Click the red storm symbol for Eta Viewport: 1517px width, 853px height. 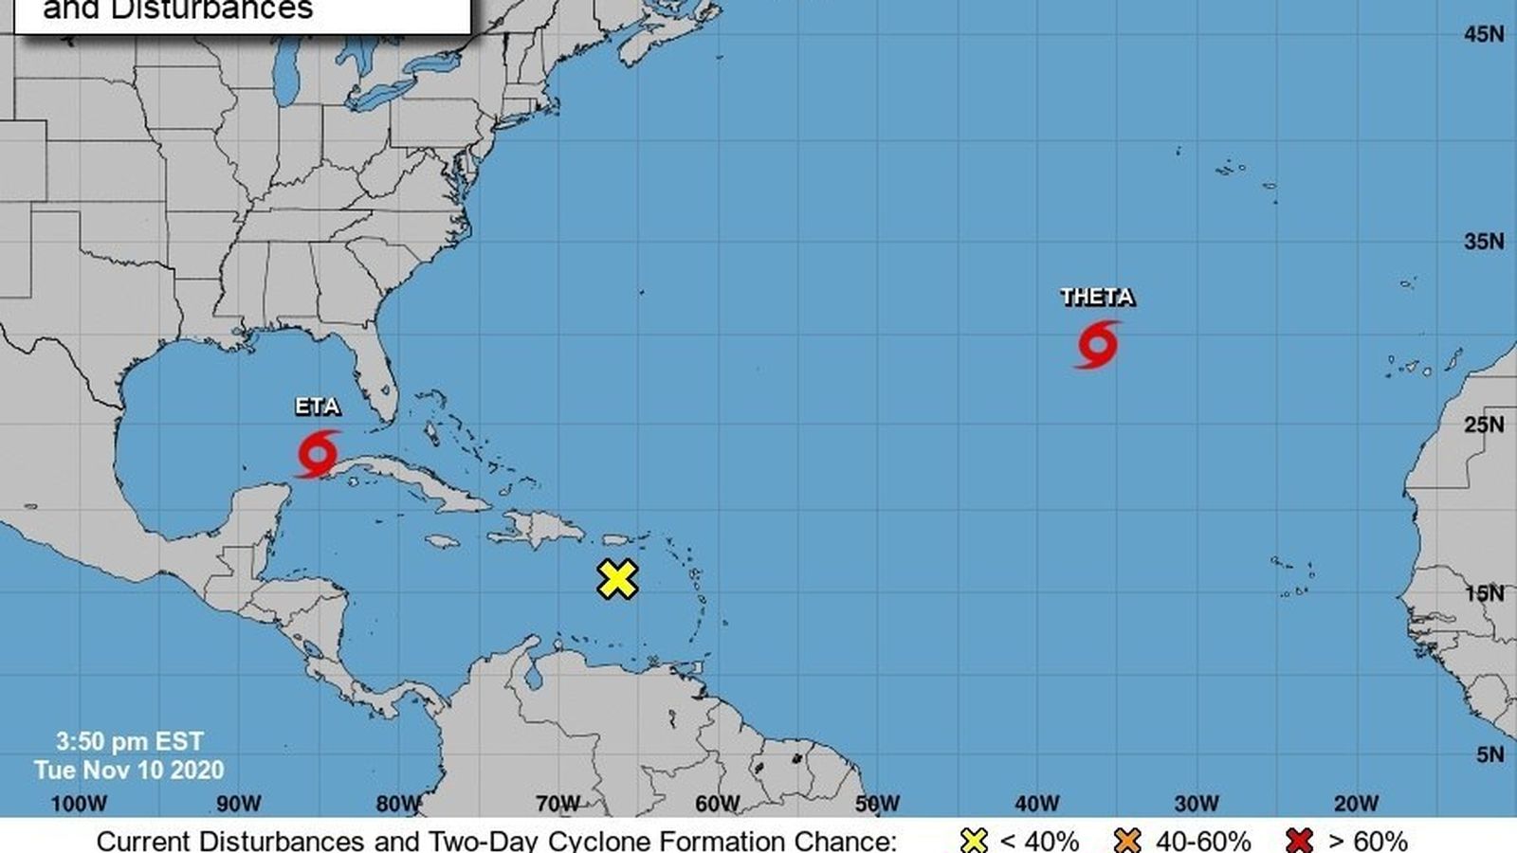click(x=318, y=454)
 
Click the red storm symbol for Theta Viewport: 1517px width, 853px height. click(x=1097, y=344)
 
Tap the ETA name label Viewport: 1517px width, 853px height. click(x=318, y=407)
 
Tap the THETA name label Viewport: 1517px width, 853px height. click(x=1097, y=297)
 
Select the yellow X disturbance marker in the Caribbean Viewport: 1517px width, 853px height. click(x=617, y=579)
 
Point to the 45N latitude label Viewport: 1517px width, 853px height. click(x=1484, y=34)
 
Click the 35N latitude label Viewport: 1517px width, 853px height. click(x=1484, y=242)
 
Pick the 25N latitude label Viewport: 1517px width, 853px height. click(x=1484, y=425)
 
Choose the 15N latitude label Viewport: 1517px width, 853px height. click(x=1484, y=593)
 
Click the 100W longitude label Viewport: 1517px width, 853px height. click(x=79, y=804)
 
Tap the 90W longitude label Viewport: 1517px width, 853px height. click(x=238, y=804)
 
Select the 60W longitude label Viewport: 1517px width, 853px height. click(x=718, y=804)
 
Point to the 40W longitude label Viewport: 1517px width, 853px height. click(x=1037, y=804)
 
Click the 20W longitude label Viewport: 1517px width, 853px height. click(x=1357, y=804)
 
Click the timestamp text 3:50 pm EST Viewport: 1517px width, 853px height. click(x=130, y=741)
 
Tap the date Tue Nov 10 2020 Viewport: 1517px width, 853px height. click(x=130, y=770)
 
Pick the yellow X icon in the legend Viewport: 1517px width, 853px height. click(x=974, y=841)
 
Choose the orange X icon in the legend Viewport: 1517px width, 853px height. click(x=1128, y=841)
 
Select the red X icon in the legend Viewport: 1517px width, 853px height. click(x=1300, y=841)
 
